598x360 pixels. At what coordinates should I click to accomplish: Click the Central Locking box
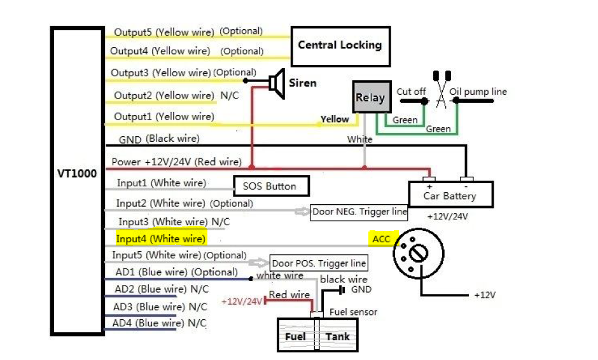pyautogui.click(x=340, y=45)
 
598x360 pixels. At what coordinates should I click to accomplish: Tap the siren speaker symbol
pyautogui.click(x=275, y=83)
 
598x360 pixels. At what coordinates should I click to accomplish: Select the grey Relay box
pyautogui.click(x=370, y=98)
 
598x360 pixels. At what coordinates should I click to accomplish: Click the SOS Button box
pyautogui.click(x=270, y=186)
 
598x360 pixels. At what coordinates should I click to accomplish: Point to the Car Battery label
pyautogui.click(x=450, y=196)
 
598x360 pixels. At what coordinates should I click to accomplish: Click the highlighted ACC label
pyautogui.click(x=381, y=239)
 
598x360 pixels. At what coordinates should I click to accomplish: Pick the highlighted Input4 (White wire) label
pyautogui.click(x=161, y=239)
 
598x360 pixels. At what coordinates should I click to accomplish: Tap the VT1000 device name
pyautogui.click(x=76, y=173)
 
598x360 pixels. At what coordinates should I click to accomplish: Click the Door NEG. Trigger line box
pyautogui.click(x=359, y=212)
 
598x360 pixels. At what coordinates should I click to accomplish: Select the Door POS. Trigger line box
pyautogui.click(x=319, y=263)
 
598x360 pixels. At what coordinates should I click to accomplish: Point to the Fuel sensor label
pyautogui.click(x=353, y=312)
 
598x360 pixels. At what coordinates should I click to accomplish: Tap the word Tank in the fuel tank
pyautogui.click(x=338, y=336)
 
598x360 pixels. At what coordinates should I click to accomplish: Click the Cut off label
pyautogui.click(x=411, y=92)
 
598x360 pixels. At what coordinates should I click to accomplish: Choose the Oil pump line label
pyautogui.click(x=478, y=92)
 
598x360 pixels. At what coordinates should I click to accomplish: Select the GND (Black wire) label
pyautogui.click(x=159, y=138)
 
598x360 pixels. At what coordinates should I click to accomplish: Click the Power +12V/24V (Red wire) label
pyautogui.click(x=176, y=162)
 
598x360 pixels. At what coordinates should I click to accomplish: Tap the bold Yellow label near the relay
pyautogui.click(x=335, y=119)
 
